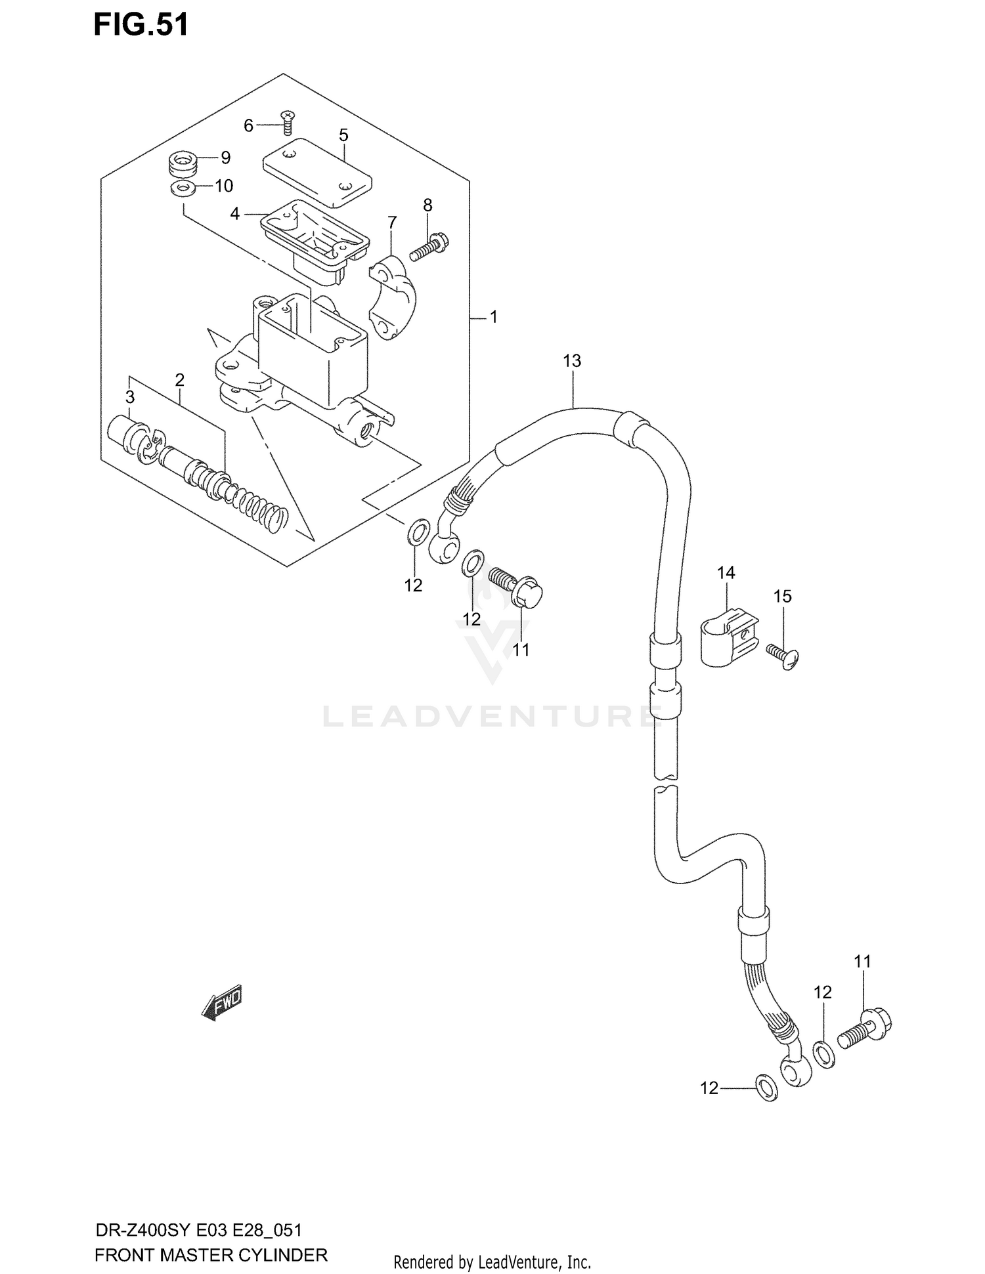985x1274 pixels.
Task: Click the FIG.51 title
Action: click(x=141, y=25)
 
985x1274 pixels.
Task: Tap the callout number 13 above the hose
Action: click(x=572, y=360)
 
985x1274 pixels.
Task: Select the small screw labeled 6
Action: click(x=287, y=122)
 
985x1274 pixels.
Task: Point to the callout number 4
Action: click(x=234, y=214)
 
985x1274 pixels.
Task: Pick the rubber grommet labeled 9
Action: click(x=183, y=164)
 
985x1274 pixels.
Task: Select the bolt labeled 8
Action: click(x=429, y=246)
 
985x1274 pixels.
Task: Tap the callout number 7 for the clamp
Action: click(x=392, y=223)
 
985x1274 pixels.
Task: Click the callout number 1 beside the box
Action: click(x=494, y=317)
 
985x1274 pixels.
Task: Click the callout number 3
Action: click(x=130, y=396)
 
